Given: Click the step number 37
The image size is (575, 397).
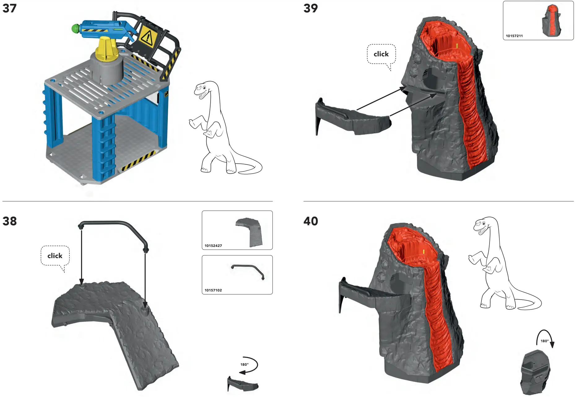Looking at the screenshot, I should (9, 8).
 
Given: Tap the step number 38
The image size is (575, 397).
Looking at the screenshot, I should (9, 221).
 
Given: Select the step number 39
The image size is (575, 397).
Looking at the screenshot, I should (311, 8).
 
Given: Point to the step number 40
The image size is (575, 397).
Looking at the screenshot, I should (311, 221).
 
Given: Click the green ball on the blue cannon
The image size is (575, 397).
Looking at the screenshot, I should (75, 29).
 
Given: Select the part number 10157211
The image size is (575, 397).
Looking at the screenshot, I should (514, 36).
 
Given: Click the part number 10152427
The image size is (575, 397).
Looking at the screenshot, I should (213, 246).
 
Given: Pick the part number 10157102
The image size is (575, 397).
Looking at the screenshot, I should (213, 290).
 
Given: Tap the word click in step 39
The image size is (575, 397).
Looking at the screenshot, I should (381, 54).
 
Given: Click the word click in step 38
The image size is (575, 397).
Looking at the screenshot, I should (55, 256).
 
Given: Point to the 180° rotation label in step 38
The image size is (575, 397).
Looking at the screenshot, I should (244, 365).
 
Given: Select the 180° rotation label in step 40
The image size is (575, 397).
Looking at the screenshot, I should (544, 341).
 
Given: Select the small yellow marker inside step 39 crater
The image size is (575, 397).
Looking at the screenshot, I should (457, 45).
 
